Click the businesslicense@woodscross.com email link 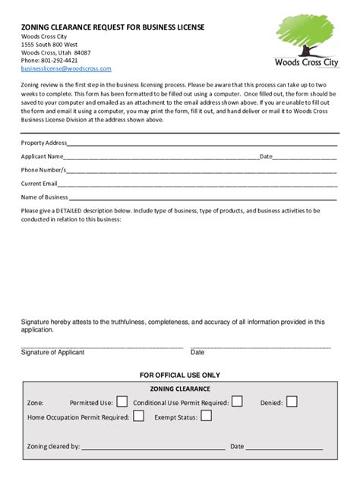coord(66,68)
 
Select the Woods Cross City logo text coord(308,63)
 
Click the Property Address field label coord(43,143)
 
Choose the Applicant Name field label coord(42,156)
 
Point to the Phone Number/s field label coord(43,170)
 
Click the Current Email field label coord(39,184)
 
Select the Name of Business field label coord(44,197)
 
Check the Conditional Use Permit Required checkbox coord(237,401)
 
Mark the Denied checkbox coord(292,401)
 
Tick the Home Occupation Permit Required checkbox coord(138,416)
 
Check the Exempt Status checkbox coord(206,416)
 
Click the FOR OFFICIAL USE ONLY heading coord(180,375)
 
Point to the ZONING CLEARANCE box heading coord(180,388)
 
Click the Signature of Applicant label coord(52,352)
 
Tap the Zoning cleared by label coord(53,447)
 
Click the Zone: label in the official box coord(35,403)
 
